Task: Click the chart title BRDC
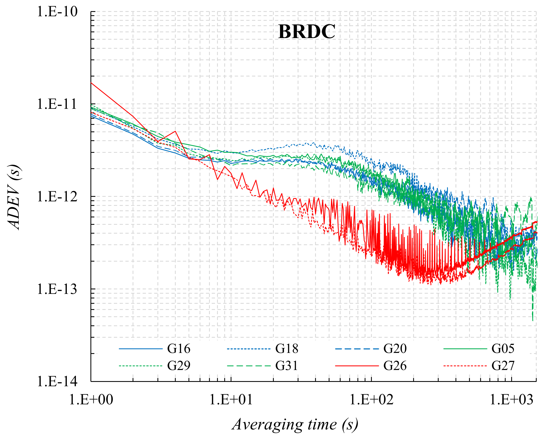[x=306, y=32]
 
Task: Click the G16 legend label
[x=179, y=349]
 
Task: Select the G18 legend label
[x=287, y=349]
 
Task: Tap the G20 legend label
[x=395, y=349]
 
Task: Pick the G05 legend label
[x=503, y=349]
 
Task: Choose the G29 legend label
[x=179, y=366]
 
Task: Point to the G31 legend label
[x=287, y=366]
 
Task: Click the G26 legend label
[x=395, y=366]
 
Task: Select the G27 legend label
[x=503, y=366]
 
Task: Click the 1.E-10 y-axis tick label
[x=57, y=12]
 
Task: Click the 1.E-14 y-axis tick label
[x=57, y=381]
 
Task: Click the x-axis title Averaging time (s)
[x=295, y=424]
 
